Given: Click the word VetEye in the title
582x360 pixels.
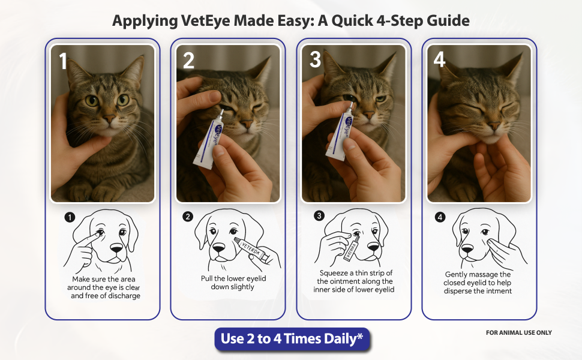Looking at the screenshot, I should pos(207,21).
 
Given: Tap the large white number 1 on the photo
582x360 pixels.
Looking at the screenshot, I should pos(63,62).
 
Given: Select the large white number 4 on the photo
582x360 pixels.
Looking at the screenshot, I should pos(440,60).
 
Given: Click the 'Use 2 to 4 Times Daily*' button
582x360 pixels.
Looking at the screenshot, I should pos(292,339).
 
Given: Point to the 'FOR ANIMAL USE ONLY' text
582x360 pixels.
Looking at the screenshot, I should pos(519,332).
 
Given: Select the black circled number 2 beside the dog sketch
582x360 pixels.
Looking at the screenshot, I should pos(188,217).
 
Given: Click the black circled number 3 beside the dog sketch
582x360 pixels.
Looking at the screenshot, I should pos(319,215).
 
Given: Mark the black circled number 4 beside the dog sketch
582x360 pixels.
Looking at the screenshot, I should pos(440,217).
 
